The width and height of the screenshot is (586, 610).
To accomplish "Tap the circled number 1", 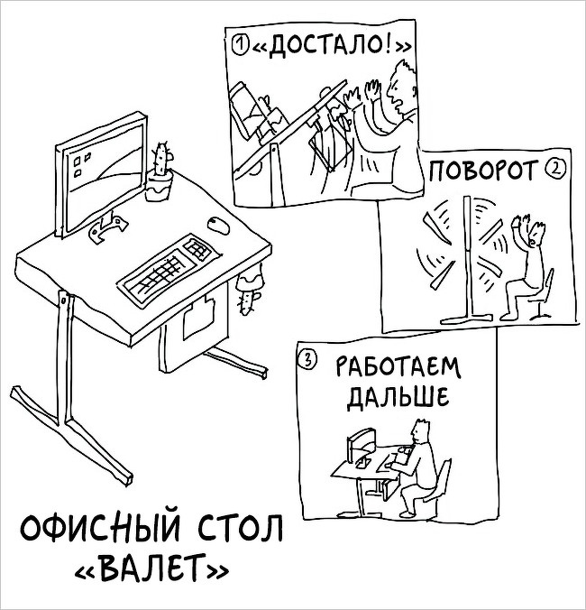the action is pos(240,44).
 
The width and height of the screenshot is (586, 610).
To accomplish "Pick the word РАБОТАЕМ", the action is pos(398,367).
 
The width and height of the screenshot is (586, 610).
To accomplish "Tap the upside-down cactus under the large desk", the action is pos(249,289).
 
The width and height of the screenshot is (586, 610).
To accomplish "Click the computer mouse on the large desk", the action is pos(218,225).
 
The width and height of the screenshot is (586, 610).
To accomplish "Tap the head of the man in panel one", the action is pos(403,87).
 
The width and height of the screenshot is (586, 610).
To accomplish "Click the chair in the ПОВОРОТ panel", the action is pos(542,294).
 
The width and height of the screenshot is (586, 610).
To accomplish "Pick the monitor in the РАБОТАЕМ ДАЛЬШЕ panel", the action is pos(361,447).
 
